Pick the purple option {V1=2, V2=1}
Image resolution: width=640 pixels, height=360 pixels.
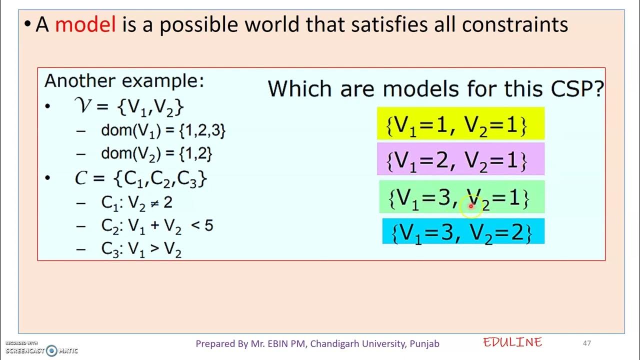coord(460,159)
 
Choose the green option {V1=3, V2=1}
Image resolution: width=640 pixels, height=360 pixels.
coord(460,198)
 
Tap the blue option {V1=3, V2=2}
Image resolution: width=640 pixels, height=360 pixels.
coord(463,231)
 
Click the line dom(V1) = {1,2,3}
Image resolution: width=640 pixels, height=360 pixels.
coord(163,131)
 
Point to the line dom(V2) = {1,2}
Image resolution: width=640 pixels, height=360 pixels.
coord(156,153)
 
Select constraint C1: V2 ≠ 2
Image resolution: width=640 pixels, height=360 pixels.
coord(136,202)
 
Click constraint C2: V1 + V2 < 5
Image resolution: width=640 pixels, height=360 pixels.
coord(157,226)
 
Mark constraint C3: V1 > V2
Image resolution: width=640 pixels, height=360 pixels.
coord(141,248)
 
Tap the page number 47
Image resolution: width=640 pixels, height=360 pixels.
coord(587,343)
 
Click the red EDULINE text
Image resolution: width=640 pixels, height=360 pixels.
coord(512,342)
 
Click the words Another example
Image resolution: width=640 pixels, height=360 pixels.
coord(124,81)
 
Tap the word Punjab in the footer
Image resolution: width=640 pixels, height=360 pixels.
coord(424,343)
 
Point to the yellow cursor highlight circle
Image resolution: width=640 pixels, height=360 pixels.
coord(470,206)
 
